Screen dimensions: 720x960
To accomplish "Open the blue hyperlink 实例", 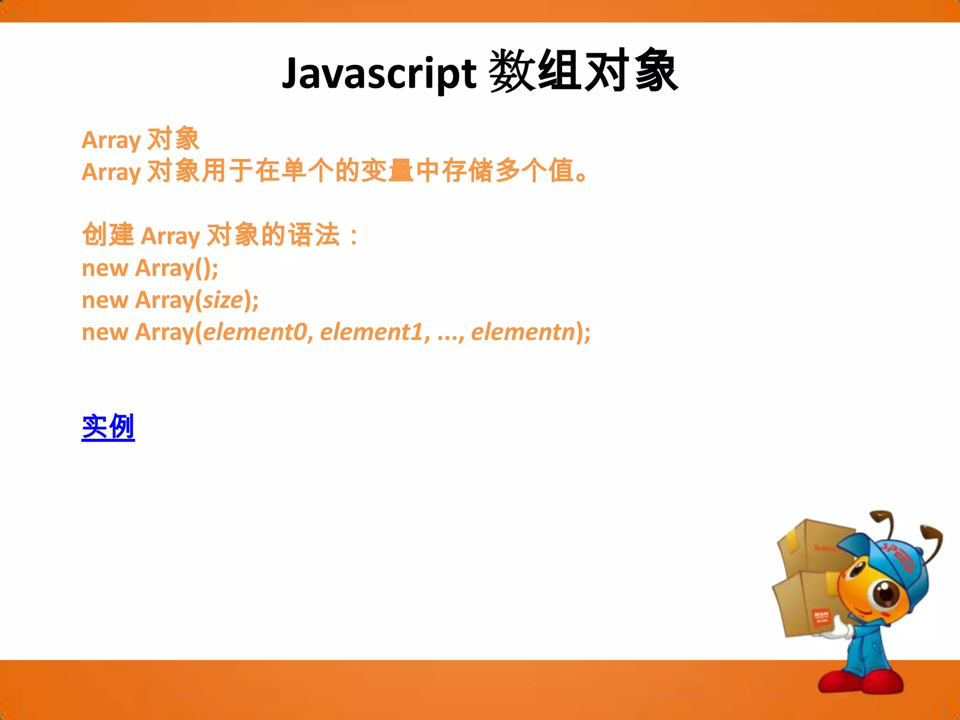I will [108, 427].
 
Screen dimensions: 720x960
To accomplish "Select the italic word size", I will [223, 300].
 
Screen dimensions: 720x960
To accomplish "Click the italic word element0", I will [255, 332].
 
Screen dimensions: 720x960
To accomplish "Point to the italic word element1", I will [372, 332].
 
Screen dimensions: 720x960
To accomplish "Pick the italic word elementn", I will [523, 332].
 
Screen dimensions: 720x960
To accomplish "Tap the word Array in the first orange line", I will [111, 140].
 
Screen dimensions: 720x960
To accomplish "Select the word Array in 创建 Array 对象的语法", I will [170, 236].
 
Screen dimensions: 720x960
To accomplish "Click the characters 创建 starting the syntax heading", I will [108, 234].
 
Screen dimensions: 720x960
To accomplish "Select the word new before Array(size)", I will [105, 300].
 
